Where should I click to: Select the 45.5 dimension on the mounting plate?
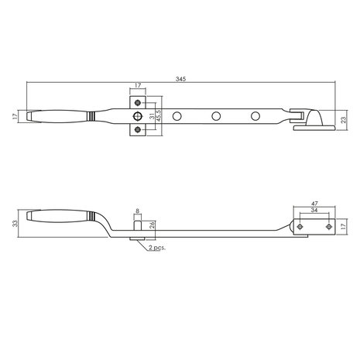point(158,116)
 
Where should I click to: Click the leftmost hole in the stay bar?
point(179,116)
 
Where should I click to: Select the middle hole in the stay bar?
point(217,116)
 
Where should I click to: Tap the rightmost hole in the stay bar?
point(254,116)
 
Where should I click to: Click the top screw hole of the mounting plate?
point(139,101)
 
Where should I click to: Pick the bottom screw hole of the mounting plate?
point(139,131)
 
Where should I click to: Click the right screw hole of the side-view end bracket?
point(324,228)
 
